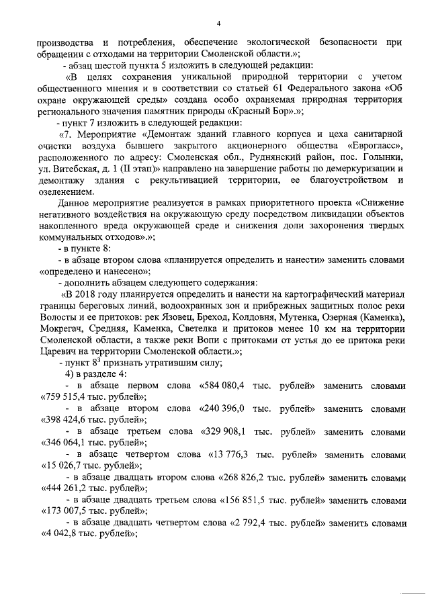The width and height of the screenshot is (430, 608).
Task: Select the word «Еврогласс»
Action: point(374,145)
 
